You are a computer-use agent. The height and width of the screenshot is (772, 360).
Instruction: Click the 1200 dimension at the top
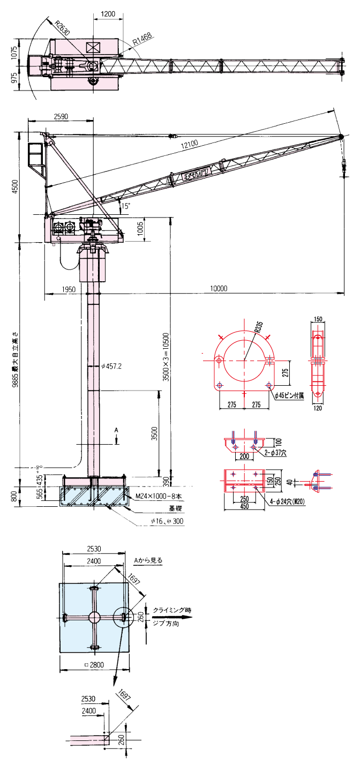(108, 14)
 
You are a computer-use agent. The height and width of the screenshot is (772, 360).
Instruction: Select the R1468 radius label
(142, 39)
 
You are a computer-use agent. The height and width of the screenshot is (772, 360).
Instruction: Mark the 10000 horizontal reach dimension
(218, 288)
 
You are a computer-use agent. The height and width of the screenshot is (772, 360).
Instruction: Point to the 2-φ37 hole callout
(276, 453)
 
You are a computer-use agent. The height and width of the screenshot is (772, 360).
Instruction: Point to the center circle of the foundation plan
(95, 617)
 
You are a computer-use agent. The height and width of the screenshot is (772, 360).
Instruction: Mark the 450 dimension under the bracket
(244, 506)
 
